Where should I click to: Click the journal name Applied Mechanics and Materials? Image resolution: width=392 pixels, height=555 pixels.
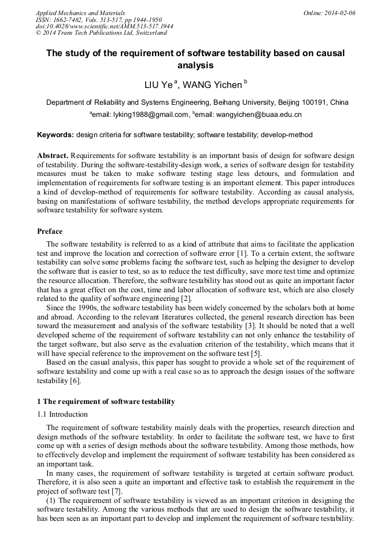pyautogui.click(x=80, y=12)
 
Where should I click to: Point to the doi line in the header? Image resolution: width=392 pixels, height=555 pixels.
pyautogui.click(x=104, y=26)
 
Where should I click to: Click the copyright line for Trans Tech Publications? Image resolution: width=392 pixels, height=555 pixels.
pyautogui.click(x=101, y=33)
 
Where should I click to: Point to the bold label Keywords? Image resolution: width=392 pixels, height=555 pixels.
pyautogui.click(x=56, y=135)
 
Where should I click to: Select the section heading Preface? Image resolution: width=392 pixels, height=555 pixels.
pyautogui.click(x=50, y=231)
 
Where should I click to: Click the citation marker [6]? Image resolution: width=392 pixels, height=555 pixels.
pyautogui.click(x=75, y=381)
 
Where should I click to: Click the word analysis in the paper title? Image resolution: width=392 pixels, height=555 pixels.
pyautogui.click(x=195, y=65)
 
